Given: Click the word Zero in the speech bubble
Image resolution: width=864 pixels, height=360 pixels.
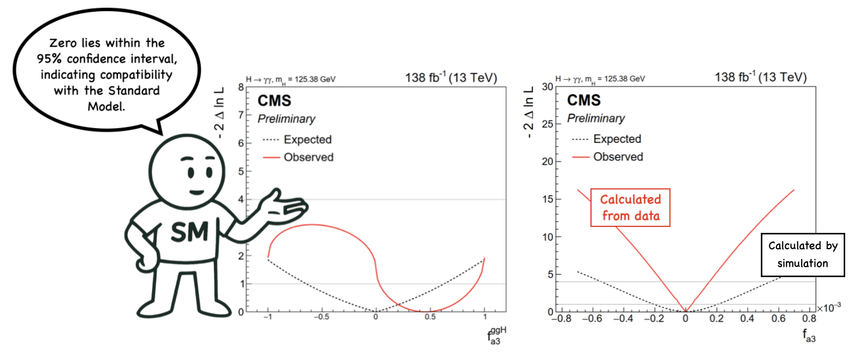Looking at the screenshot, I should click(63, 43).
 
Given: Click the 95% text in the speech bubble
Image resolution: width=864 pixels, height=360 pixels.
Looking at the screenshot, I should click(49, 59).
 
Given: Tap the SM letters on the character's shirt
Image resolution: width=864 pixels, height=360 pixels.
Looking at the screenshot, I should click(190, 232).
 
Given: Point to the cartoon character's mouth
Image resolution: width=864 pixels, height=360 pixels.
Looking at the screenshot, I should click(196, 192).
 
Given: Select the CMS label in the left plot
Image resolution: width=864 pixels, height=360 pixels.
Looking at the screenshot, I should click(274, 101).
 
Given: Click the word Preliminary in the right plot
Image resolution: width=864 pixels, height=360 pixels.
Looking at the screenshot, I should click(596, 118).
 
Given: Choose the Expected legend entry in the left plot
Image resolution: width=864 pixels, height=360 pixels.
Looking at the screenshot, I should click(307, 139).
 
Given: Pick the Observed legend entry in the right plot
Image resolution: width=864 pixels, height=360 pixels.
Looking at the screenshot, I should click(618, 157).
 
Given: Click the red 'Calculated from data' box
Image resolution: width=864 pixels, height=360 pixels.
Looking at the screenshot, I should click(630, 207).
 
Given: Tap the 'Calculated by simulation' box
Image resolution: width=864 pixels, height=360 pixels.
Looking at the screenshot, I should click(803, 255).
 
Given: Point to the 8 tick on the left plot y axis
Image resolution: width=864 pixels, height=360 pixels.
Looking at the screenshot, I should click(241, 87).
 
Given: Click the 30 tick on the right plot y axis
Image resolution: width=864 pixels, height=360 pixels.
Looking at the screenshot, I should click(547, 87).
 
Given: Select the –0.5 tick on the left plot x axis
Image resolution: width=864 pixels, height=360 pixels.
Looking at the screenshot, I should click(321, 317).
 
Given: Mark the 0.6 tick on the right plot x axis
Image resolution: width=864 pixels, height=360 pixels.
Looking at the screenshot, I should click(778, 319).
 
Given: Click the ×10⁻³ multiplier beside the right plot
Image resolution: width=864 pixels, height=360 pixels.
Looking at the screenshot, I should click(829, 308).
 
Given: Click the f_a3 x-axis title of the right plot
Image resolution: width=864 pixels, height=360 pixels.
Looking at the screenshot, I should click(809, 335).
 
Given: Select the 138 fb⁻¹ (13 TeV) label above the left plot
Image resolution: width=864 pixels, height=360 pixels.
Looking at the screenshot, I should click(451, 78).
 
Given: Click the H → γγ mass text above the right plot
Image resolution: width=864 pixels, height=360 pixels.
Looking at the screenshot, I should click(600, 79).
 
